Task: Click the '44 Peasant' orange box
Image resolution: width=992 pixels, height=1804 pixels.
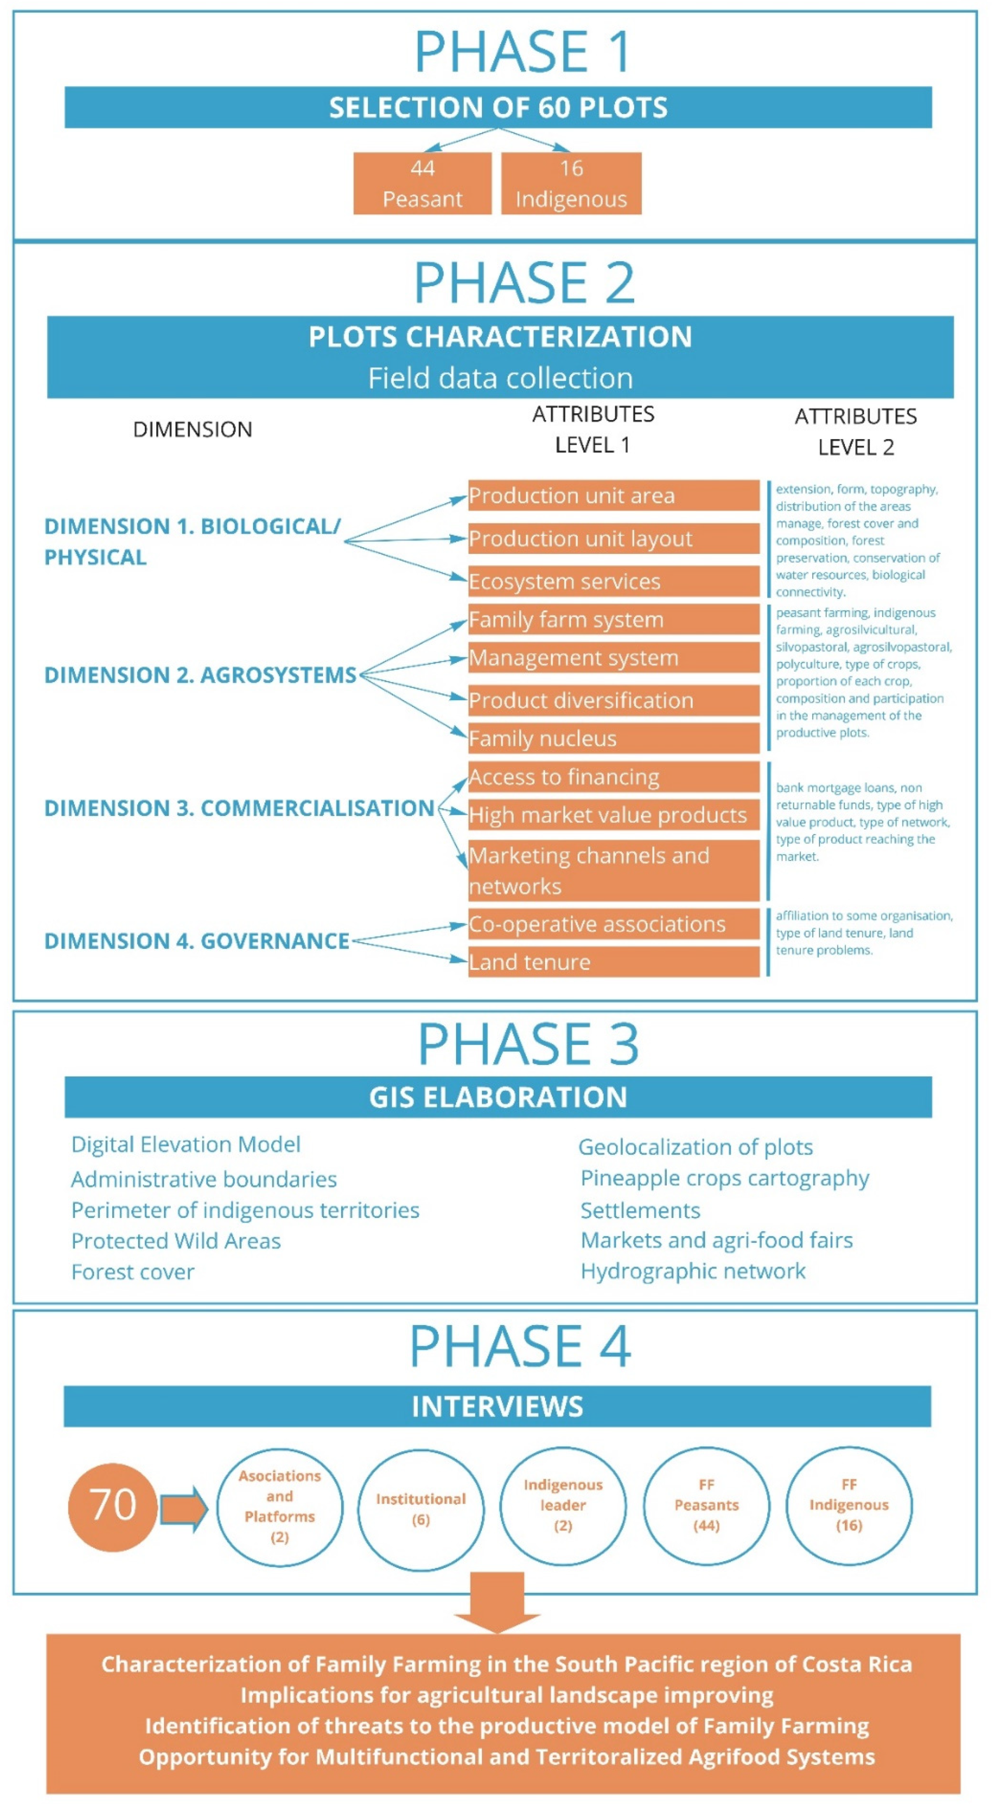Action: [x=423, y=183]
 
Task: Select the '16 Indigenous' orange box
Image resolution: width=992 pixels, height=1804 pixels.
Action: [x=571, y=183]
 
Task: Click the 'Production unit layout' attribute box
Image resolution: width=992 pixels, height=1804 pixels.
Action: [x=613, y=539]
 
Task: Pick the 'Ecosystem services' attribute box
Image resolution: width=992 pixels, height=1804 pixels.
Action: [x=613, y=581]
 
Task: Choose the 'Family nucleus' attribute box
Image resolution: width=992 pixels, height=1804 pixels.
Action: [x=613, y=738]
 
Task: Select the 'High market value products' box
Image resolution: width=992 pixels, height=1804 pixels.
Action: [x=613, y=815]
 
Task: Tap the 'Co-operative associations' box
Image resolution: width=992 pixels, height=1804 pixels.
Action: [x=613, y=924]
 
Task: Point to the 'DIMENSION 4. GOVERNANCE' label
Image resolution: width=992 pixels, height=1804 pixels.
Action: [x=197, y=940]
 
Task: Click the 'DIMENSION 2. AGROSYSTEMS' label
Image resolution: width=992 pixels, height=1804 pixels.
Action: [x=200, y=675]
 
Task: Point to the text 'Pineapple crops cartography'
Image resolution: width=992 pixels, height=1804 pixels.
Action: [x=724, y=1178]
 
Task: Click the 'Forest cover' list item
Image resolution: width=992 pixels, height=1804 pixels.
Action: [x=133, y=1272]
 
